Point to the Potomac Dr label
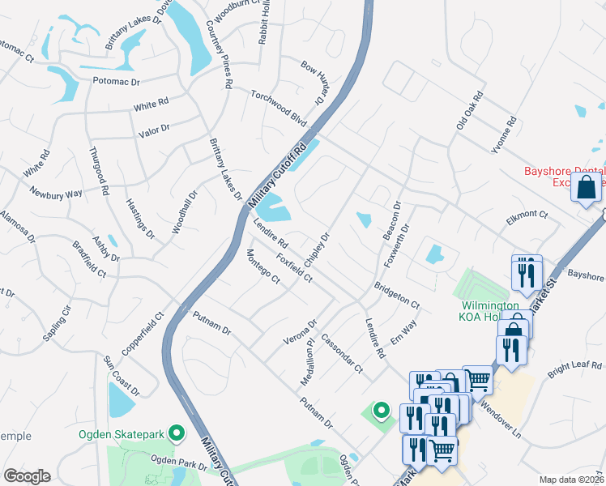click(x=117, y=82)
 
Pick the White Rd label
click(x=151, y=104)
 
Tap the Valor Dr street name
click(x=154, y=129)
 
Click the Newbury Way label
click(x=56, y=194)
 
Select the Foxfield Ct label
click(x=294, y=268)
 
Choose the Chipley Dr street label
click(x=317, y=250)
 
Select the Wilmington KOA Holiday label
click(x=489, y=311)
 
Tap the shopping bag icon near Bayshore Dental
click(x=586, y=188)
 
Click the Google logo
click(x=27, y=476)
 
